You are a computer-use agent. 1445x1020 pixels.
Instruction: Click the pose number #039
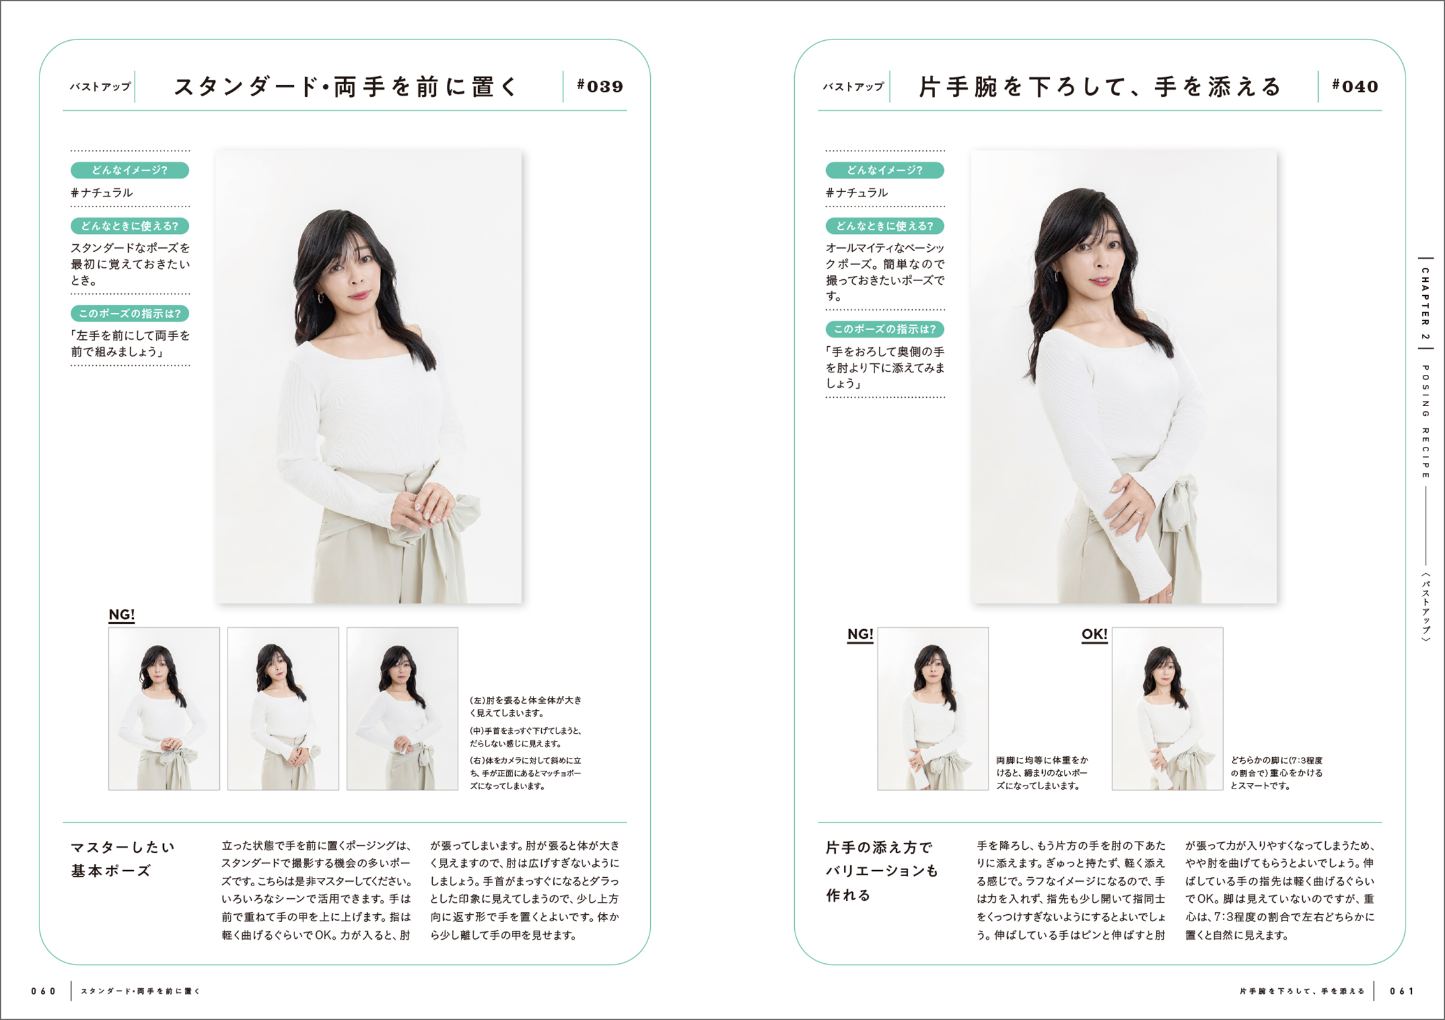click(x=600, y=86)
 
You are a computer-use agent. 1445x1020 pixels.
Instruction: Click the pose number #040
click(x=1355, y=86)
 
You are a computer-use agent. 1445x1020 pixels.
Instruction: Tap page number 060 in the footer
click(x=43, y=991)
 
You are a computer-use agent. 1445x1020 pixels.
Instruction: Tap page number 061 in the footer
click(x=1402, y=991)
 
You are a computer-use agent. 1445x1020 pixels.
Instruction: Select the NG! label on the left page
click(x=122, y=615)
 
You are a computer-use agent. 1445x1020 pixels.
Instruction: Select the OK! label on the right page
click(x=1094, y=634)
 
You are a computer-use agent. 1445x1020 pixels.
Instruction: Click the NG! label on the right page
click(x=860, y=634)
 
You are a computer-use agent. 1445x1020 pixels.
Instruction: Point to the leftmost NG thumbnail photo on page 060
click(x=164, y=709)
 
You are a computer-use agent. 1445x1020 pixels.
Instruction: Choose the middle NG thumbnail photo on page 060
click(x=283, y=709)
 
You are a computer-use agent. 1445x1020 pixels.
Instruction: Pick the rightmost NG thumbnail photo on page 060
click(x=402, y=709)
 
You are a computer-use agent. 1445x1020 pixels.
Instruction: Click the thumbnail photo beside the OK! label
click(x=1168, y=709)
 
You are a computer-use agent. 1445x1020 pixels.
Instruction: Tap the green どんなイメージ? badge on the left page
click(x=130, y=170)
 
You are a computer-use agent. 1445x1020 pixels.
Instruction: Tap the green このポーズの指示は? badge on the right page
click(x=885, y=329)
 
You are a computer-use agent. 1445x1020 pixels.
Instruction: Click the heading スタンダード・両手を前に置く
click(x=346, y=87)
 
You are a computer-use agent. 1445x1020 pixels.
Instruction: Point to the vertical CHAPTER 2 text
click(x=1425, y=303)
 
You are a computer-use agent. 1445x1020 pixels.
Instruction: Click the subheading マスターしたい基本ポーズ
click(x=122, y=859)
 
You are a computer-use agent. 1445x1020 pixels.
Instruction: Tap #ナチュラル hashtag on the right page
click(x=857, y=193)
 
